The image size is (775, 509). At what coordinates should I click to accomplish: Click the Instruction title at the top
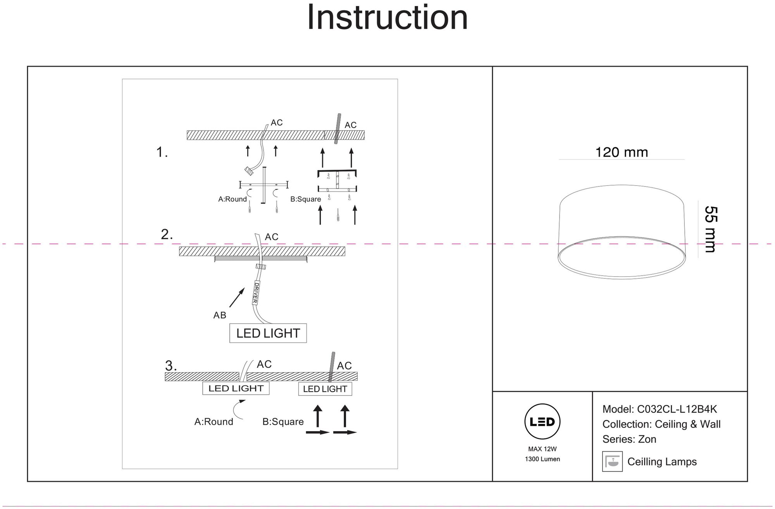pos(387,18)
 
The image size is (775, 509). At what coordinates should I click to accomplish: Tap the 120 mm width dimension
pos(622,152)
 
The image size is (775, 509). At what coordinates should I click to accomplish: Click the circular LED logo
pos(542,422)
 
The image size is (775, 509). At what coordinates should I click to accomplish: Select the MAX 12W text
pos(542,449)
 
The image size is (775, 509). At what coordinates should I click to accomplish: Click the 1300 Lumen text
pos(542,459)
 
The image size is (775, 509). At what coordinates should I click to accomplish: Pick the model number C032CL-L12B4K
pos(677,409)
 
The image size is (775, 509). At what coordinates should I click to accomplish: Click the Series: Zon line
pos(629,439)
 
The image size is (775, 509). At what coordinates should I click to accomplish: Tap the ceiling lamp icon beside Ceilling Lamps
pos(612,461)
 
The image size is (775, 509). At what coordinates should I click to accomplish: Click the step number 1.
pos(162,152)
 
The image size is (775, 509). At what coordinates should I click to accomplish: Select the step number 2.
pos(167,235)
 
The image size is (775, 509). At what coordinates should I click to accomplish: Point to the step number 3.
pos(171,366)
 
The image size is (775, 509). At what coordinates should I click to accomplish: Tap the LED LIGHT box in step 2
pos(268,333)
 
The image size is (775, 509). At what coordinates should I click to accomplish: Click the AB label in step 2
pos(220,315)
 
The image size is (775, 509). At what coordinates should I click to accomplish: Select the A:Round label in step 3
pos(214,422)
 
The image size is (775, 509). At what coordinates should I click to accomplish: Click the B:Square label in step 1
pos(306,199)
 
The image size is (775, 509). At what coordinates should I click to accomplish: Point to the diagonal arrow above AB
pos(237,297)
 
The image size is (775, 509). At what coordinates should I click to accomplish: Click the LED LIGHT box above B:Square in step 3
pos(325,389)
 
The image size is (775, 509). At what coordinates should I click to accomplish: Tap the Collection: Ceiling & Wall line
pos(661,424)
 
